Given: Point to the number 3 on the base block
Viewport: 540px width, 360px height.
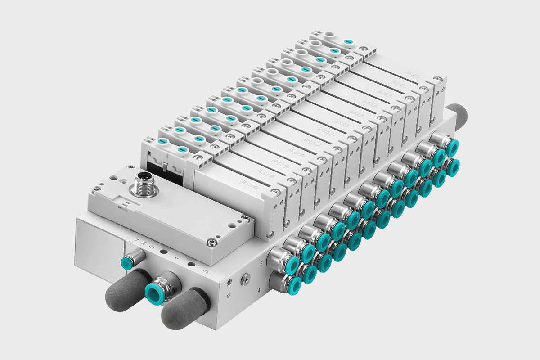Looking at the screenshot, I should pyautogui.click(x=206, y=271).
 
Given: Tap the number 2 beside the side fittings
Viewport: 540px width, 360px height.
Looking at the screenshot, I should pyautogui.click(x=261, y=262).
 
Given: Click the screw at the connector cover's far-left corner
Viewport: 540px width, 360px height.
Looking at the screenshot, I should pyautogui.click(x=95, y=191).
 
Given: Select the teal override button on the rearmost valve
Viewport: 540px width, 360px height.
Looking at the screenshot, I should pyautogui.click(x=347, y=42).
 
